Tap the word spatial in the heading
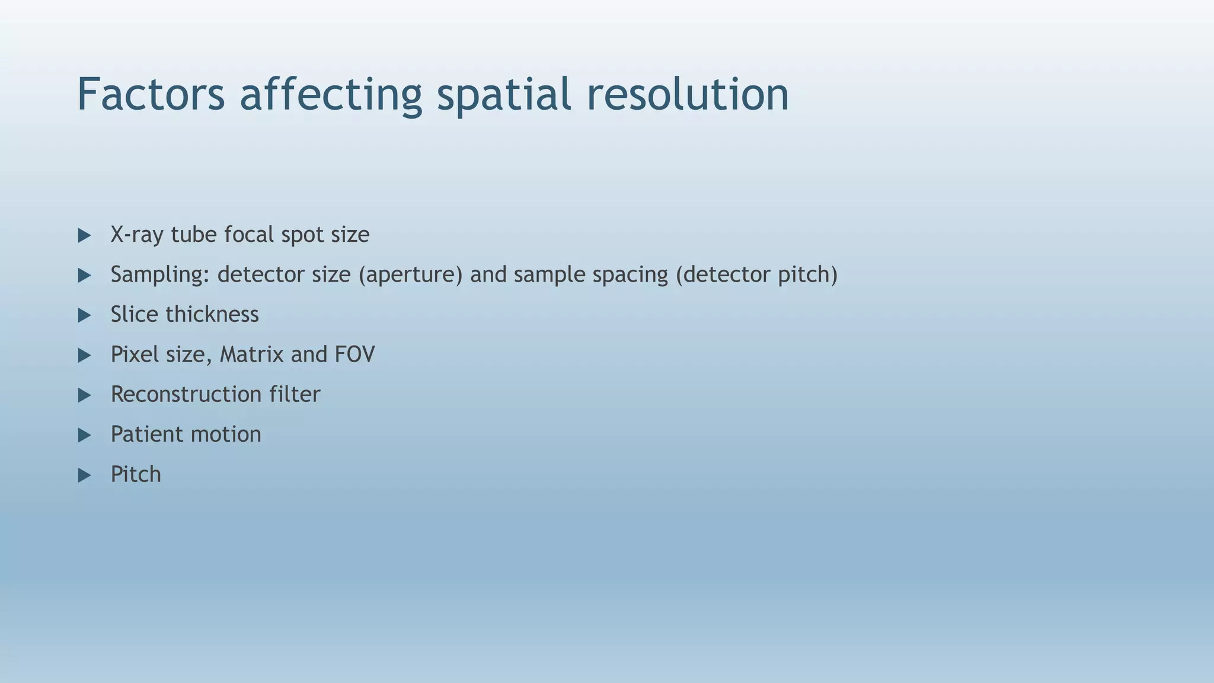(504, 94)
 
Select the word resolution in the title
(688, 94)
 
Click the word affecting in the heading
(330, 94)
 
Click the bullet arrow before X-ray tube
(84, 235)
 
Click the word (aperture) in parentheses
(410, 275)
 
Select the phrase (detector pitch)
(756, 275)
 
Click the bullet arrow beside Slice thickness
(84, 315)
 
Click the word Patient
(146, 435)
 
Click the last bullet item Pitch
(136, 474)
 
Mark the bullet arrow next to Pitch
(84, 475)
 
